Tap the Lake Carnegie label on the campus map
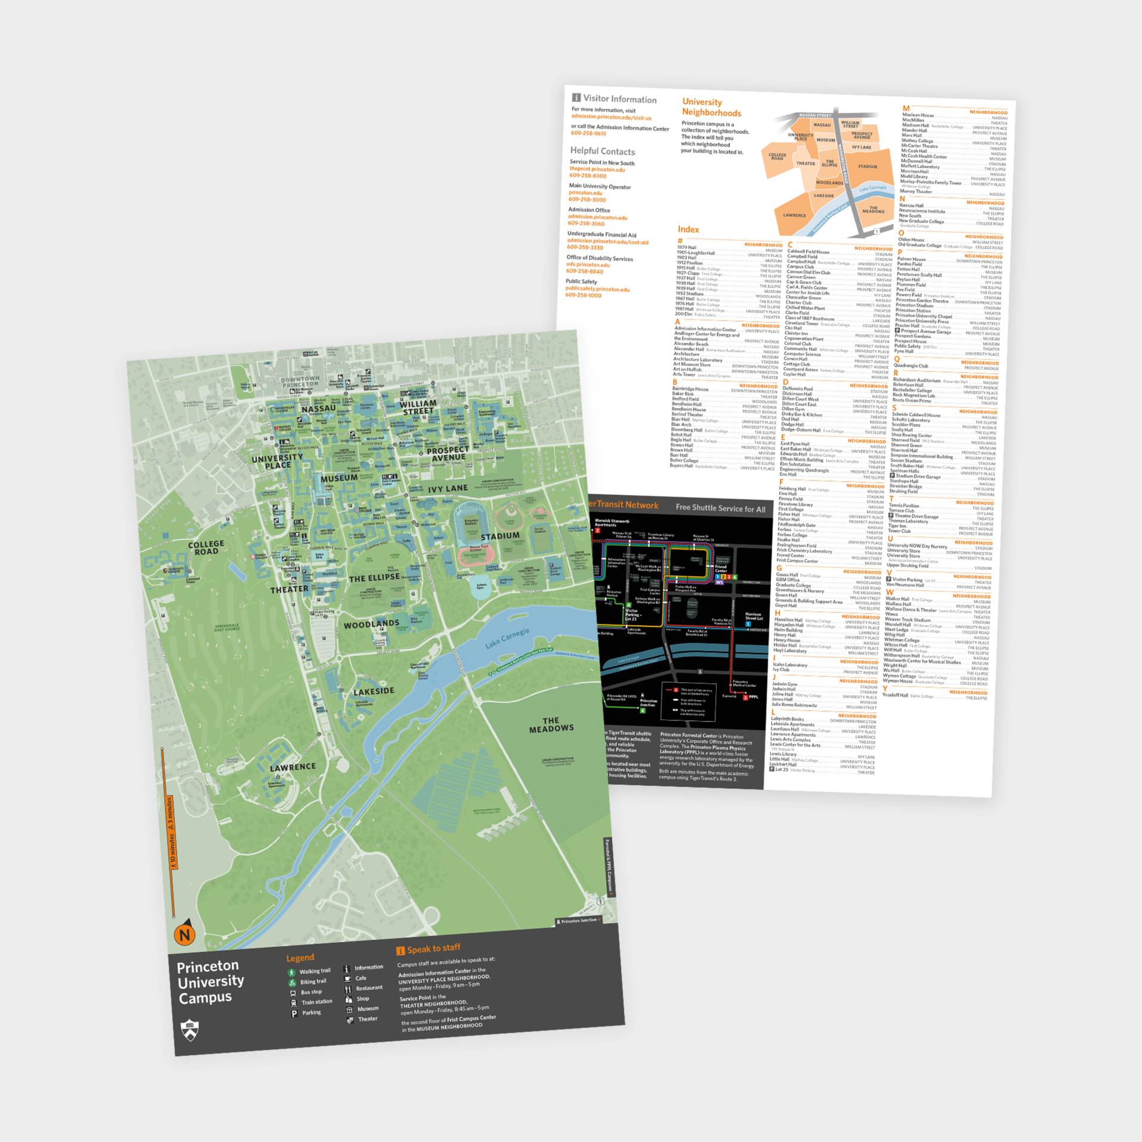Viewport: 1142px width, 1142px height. tap(507, 638)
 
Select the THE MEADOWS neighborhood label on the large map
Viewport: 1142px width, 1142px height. tap(551, 724)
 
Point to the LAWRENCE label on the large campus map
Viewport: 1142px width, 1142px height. tap(293, 767)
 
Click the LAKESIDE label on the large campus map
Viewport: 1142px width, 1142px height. tap(374, 691)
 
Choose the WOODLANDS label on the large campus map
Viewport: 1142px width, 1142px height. tap(371, 624)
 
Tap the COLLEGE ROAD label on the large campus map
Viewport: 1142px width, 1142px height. tap(206, 548)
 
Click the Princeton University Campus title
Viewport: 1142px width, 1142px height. tap(210, 982)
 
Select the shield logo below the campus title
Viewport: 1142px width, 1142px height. tap(190, 1030)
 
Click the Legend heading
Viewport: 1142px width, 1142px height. tap(300, 958)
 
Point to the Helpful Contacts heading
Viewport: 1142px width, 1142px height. tap(602, 151)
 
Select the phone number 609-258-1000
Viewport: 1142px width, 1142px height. tap(583, 295)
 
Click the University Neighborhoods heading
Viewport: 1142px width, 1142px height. tap(711, 108)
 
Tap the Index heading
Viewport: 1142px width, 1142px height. tap(688, 229)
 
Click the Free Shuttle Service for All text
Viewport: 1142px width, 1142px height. tap(720, 508)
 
